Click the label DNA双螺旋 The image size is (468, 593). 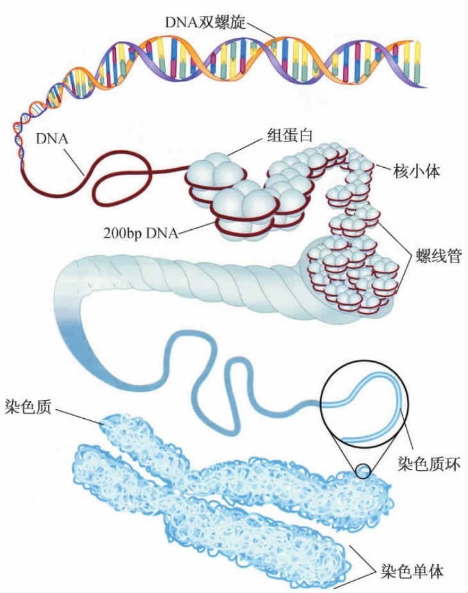[205, 21]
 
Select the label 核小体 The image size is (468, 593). [418, 171]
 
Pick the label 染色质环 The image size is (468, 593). [428, 463]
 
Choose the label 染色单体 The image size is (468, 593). [412, 571]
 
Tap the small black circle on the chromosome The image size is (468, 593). [363, 471]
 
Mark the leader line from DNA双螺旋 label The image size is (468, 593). [260, 28]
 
